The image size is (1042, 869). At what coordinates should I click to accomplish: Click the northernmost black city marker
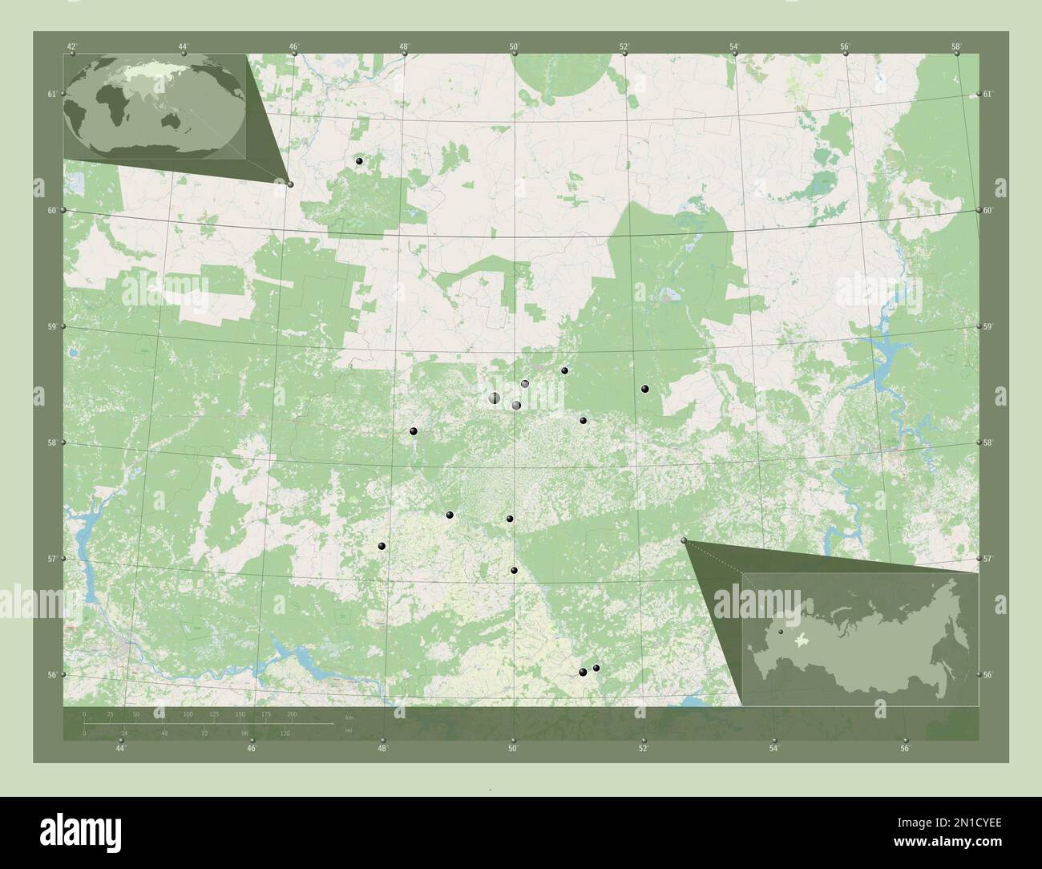tap(359, 161)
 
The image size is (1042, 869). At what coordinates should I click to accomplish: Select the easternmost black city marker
tap(644, 389)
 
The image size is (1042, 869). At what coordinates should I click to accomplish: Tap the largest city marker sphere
tap(495, 398)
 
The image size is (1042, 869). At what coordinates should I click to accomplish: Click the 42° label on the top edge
tap(72, 46)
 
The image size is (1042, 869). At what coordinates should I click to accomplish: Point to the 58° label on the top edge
tap(955, 46)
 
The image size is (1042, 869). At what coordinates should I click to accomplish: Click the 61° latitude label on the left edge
tap(51, 95)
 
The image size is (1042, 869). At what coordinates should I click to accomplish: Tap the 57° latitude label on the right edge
tap(988, 559)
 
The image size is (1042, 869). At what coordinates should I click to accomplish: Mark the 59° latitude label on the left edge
tap(51, 326)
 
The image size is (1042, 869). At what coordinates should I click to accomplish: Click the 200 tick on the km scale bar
tap(292, 713)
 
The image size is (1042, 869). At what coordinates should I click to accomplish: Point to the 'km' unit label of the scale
tap(348, 716)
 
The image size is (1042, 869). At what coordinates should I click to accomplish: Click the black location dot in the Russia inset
tap(780, 632)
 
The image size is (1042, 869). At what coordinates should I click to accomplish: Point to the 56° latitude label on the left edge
tap(51, 675)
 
